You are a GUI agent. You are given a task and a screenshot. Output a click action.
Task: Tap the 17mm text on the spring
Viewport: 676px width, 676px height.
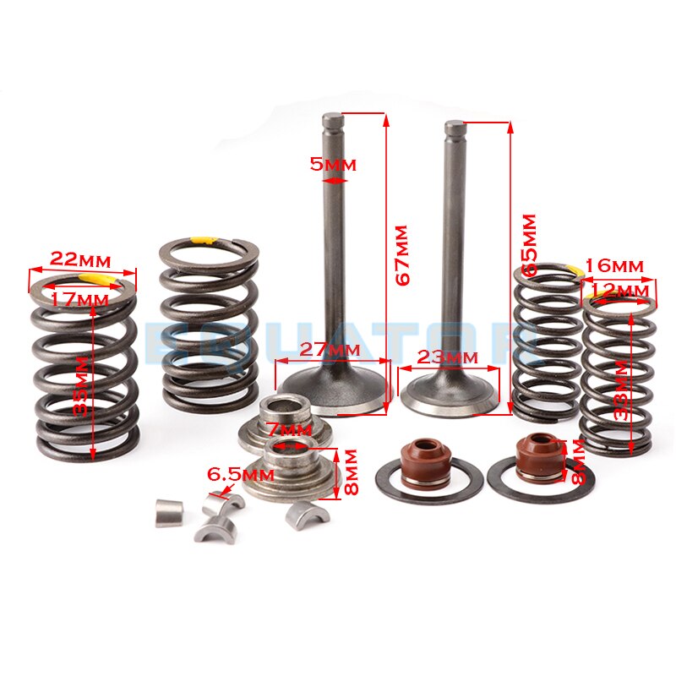pos(80,298)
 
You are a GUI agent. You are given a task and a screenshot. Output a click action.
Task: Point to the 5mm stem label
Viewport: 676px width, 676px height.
pos(333,164)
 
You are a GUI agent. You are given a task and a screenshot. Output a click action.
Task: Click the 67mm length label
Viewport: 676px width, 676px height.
pos(401,254)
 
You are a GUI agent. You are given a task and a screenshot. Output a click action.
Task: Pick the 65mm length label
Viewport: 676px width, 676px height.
pos(529,244)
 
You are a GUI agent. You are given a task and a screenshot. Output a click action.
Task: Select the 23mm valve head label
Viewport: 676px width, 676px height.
pos(449,357)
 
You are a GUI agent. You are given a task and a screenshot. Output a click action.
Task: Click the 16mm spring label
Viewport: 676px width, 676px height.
pos(613,266)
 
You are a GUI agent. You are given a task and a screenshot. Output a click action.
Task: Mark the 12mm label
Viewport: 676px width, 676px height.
pos(622,290)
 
